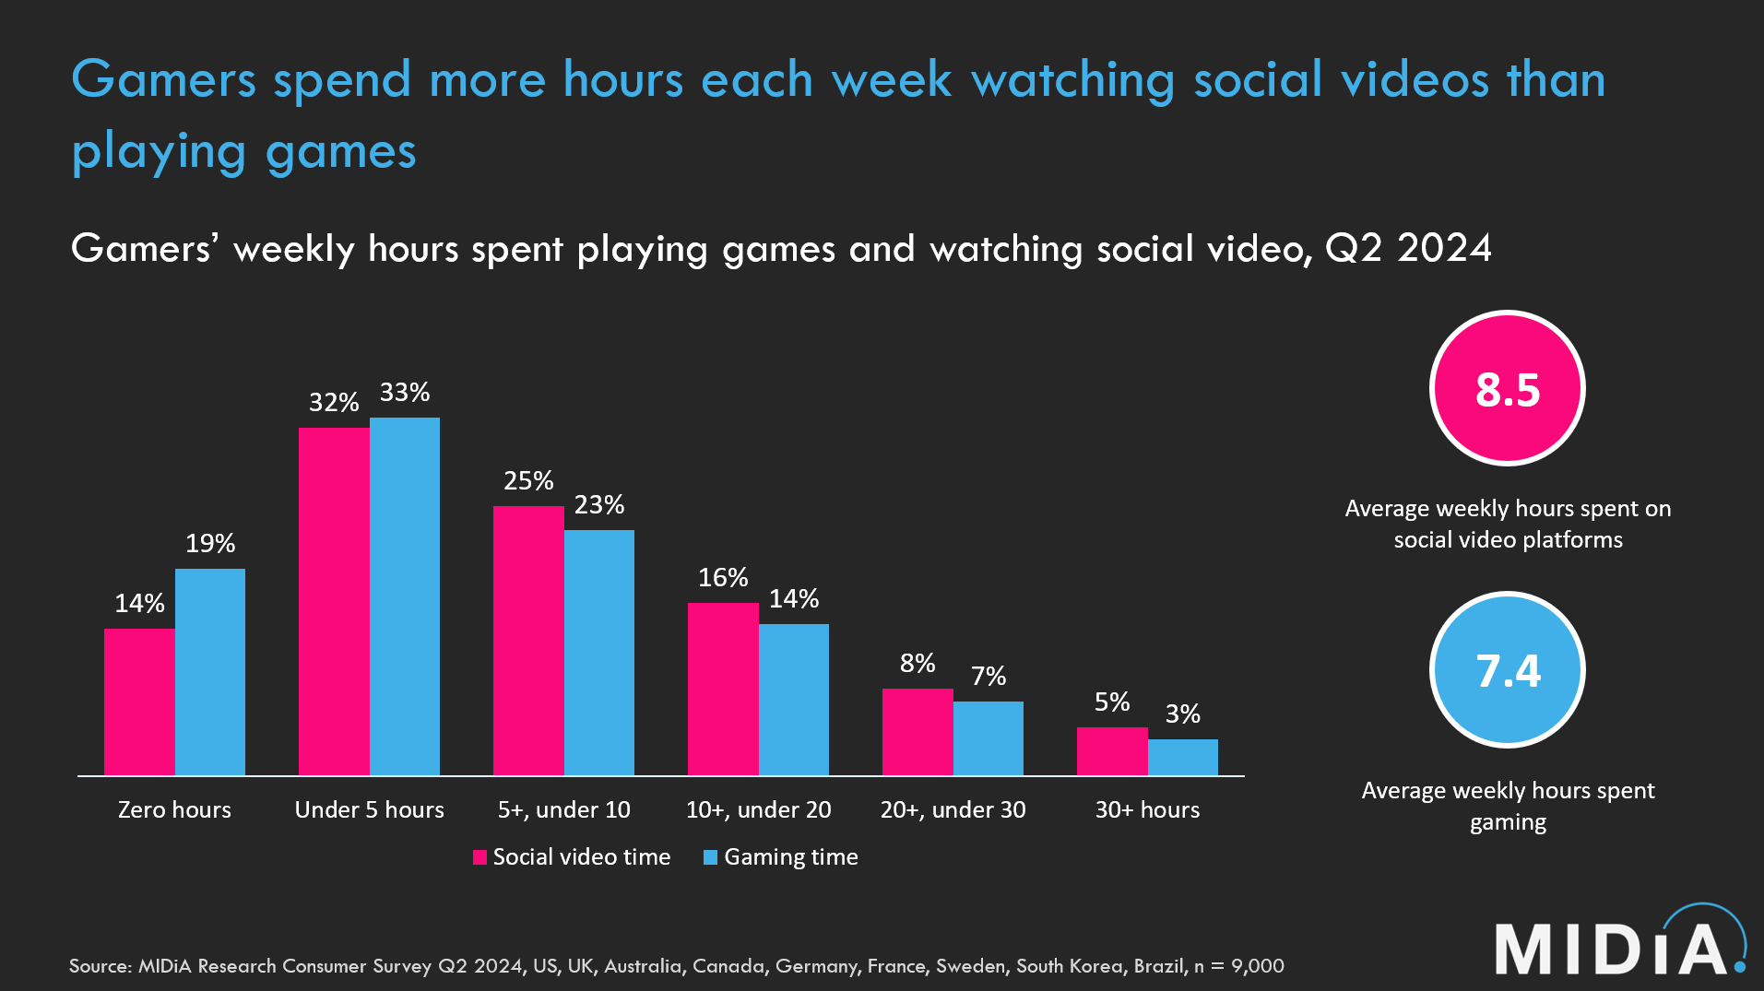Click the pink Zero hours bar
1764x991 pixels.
coord(139,702)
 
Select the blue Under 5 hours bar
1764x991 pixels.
coord(405,596)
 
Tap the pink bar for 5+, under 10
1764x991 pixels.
coord(528,640)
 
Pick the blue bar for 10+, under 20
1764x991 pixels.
coord(794,700)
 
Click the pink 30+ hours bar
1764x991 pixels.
coord(1112,751)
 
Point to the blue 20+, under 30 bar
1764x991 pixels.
coord(989,738)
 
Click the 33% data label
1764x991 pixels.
coord(405,393)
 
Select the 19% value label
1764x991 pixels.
coord(210,544)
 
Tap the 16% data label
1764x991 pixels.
coord(723,578)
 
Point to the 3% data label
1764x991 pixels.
coord(1183,714)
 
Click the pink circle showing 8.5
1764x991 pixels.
coord(1508,388)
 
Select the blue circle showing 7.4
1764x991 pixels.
coord(1508,669)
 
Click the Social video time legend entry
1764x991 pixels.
coord(573,857)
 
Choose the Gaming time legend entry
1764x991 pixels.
coord(781,857)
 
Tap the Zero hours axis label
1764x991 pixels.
coord(174,810)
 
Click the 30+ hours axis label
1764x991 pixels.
coord(1147,810)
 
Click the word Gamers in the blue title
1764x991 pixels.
coord(163,79)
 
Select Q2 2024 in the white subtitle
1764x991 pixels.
coord(1408,248)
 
